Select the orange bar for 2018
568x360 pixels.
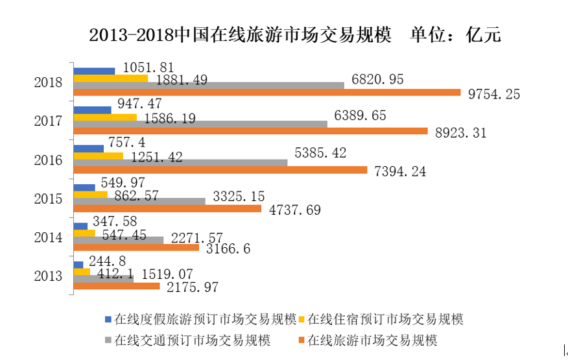266,93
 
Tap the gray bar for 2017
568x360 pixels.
200,124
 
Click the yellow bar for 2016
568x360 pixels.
99,156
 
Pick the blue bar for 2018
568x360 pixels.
95,71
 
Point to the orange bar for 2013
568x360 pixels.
117,286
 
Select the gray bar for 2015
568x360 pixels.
139,201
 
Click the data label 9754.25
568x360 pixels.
494,94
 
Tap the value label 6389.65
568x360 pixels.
369,115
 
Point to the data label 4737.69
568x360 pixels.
295,210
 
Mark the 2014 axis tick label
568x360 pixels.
49,237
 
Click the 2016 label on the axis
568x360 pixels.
49,160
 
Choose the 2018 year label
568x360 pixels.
49,82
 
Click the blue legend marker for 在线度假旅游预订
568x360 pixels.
109,320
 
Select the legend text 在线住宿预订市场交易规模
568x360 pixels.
386,320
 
